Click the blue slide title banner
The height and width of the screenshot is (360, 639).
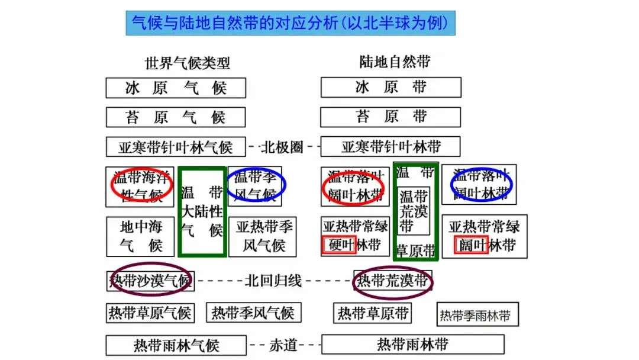[290, 23]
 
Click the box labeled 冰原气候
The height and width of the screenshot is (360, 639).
[176, 88]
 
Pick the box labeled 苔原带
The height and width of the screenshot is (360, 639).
[390, 117]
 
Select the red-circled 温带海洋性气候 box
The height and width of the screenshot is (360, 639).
[140, 187]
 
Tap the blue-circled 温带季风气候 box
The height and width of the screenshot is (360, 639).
[255, 185]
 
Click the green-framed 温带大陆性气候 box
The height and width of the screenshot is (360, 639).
[202, 212]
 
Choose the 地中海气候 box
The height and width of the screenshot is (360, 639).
[140, 236]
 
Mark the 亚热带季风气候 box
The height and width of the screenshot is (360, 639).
[264, 236]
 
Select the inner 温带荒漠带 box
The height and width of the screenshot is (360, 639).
[414, 211]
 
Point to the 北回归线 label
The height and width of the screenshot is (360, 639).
[273, 281]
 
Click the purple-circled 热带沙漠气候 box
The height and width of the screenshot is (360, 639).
[150, 281]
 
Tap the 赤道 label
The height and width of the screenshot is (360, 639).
[283, 345]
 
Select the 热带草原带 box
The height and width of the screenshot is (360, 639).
[373, 313]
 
